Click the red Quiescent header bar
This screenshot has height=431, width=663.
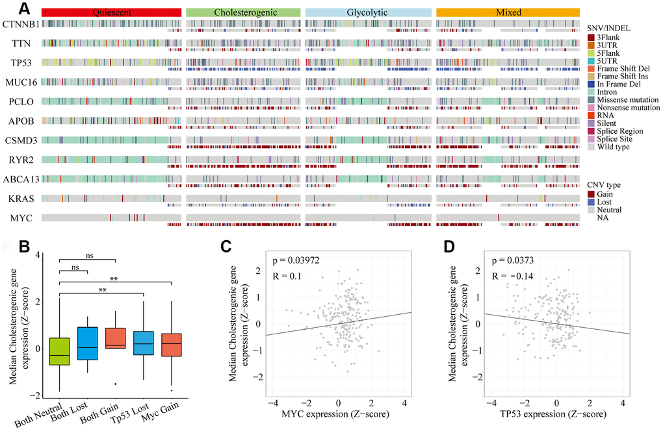click(110, 12)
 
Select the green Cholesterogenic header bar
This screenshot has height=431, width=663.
click(243, 12)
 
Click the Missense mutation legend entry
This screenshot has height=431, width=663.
click(622, 99)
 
